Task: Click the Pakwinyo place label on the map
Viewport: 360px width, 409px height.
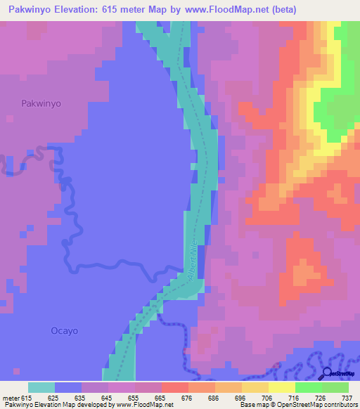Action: [x=40, y=103]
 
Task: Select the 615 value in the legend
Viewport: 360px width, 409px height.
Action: [x=24, y=397]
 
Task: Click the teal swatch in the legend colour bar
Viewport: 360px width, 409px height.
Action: [x=41, y=387]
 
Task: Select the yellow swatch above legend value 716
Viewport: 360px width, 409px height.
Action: [x=282, y=387]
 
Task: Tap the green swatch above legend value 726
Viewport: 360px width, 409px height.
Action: [x=309, y=387]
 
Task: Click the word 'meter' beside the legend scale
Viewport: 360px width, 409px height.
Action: [x=9, y=397]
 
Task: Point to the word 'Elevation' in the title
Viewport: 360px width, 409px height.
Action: [x=82, y=10]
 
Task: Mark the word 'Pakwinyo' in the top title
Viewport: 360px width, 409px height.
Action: [x=30, y=10]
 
